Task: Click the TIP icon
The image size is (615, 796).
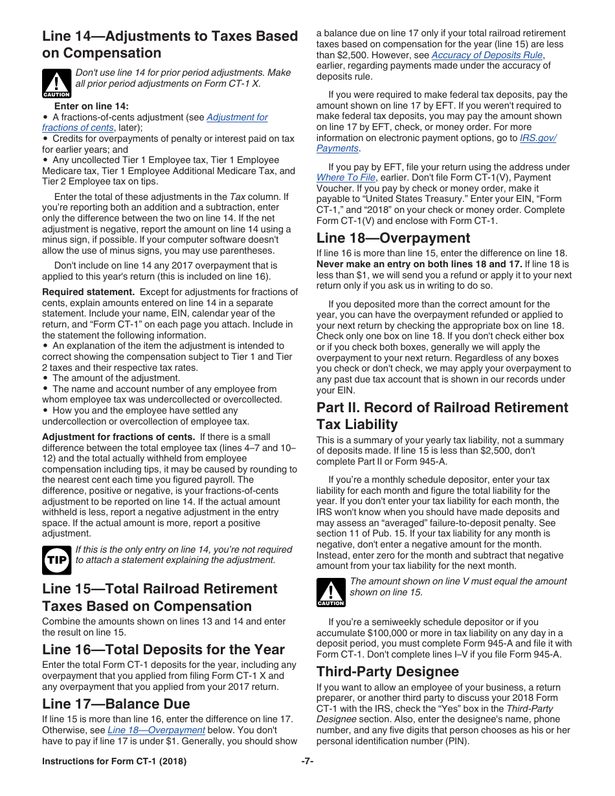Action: [x=56, y=560]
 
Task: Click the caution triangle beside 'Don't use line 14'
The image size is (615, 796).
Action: [x=56, y=83]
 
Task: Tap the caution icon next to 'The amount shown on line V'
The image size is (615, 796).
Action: [x=330, y=591]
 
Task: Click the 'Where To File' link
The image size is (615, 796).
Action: [x=346, y=177]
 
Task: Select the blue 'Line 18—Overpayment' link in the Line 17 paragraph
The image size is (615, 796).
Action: [x=156, y=730]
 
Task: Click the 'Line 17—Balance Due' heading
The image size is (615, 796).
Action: [x=116, y=703]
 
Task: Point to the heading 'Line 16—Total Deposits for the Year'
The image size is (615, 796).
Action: [x=163, y=649]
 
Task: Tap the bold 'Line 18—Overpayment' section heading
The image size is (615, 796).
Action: [x=393, y=238]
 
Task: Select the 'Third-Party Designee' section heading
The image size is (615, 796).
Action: [x=387, y=671]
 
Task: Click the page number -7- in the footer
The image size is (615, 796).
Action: [x=307, y=762]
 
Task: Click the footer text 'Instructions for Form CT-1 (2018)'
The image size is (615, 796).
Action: [x=114, y=762]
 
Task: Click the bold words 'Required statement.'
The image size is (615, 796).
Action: [x=89, y=292]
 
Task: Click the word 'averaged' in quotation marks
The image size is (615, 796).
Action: [x=403, y=523]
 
